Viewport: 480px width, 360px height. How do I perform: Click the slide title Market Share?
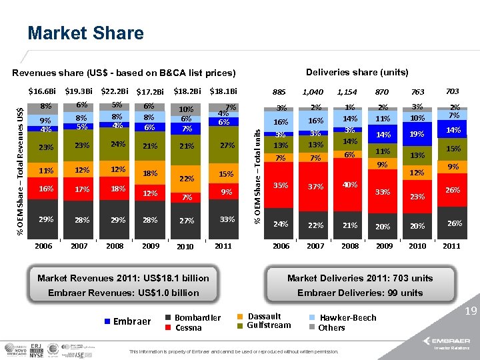85,33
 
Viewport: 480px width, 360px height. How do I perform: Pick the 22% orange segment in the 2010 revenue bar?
187,179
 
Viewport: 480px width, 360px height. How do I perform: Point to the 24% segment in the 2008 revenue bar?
118,144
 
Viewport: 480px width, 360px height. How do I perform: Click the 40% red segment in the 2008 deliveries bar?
349,185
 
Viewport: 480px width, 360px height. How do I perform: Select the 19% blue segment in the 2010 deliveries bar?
417,133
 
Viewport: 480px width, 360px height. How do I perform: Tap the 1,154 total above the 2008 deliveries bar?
347,92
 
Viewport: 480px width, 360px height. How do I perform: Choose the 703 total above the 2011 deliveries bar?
453,91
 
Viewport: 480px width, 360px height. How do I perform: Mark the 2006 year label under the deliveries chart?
281,246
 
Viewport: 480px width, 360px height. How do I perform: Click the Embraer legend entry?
126,321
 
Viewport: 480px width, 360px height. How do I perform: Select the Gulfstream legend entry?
269,325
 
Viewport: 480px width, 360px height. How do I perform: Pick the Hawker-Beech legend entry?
347,318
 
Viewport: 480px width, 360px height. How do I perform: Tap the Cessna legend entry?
188,327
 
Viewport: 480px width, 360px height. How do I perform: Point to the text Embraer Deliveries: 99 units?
361,293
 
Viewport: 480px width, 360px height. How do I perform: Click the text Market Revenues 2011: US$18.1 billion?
123,278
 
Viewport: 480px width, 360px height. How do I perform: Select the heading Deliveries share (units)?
357,72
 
